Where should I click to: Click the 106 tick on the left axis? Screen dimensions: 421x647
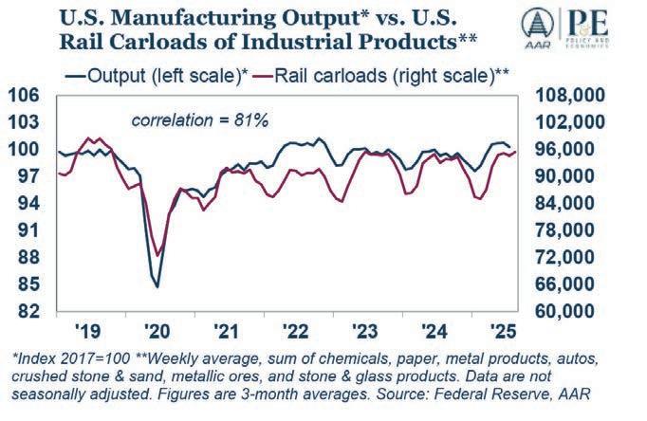(x=25, y=95)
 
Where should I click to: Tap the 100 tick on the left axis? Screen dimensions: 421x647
(x=25, y=149)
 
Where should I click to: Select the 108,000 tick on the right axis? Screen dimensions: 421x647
(x=573, y=95)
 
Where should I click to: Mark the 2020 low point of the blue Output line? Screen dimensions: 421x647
(x=157, y=286)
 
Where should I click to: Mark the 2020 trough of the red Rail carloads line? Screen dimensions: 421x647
(x=157, y=255)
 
